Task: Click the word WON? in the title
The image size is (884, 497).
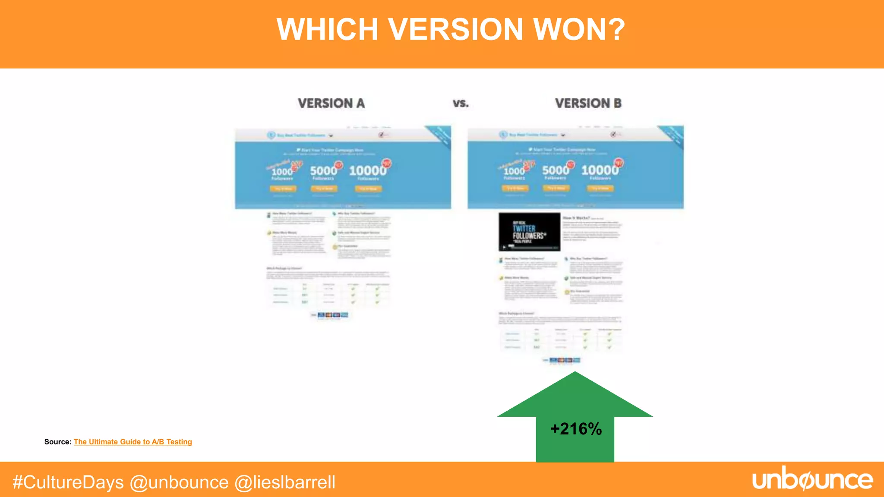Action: tap(579, 29)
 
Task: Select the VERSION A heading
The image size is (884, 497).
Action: tap(331, 104)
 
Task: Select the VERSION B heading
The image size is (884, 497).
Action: tap(588, 104)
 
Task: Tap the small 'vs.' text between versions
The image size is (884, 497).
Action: tap(461, 104)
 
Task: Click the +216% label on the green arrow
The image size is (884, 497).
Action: tap(576, 429)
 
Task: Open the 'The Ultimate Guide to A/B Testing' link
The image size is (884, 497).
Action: tap(133, 442)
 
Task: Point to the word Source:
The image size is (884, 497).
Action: tap(57, 442)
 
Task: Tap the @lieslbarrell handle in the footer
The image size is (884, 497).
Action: tap(285, 482)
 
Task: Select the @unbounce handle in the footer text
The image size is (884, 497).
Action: tap(179, 482)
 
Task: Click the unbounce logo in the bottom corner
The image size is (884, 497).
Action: tap(812, 479)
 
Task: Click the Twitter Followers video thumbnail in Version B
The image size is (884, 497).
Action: tap(529, 232)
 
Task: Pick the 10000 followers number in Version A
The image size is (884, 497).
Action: tap(367, 171)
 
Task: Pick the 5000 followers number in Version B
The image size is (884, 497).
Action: tap(556, 170)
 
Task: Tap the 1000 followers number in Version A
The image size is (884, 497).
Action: tap(282, 172)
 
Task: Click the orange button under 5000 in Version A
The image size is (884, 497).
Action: tap(324, 189)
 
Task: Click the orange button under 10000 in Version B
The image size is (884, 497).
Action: tap(600, 188)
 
